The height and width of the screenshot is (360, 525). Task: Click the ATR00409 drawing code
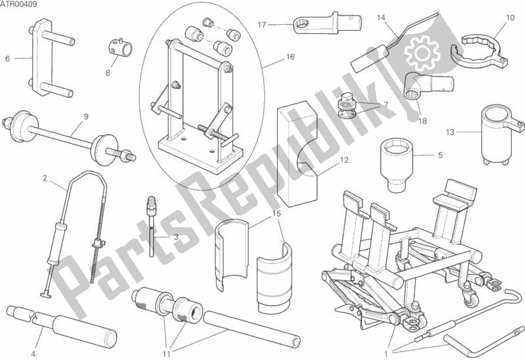click(x=18, y=5)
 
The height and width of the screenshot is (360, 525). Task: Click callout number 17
click(x=262, y=24)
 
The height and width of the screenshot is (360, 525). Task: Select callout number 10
click(x=510, y=18)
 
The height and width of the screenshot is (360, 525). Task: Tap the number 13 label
click(x=450, y=132)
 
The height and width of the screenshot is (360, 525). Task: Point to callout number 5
click(x=440, y=155)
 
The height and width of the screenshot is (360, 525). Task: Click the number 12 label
click(x=344, y=160)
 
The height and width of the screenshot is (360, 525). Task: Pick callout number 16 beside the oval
click(x=290, y=57)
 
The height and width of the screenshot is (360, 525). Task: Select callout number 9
click(x=85, y=116)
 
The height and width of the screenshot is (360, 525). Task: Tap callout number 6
click(x=7, y=59)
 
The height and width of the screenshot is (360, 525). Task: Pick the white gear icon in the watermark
click(x=421, y=53)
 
